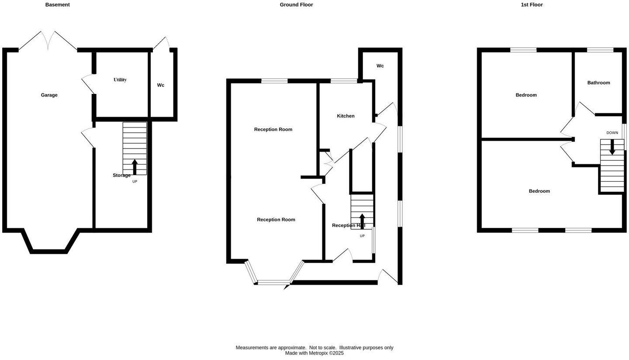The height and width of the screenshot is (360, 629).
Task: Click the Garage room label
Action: click(x=49, y=95)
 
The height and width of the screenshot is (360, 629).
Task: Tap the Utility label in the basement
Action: click(x=120, y=80)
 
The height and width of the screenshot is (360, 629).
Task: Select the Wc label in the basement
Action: click(x=161, y=85)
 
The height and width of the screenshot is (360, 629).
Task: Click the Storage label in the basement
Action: click(x=121, y=175)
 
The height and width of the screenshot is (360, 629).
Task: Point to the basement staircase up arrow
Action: click(x=135, y=167)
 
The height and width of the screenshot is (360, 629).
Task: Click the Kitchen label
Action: click(x=346, y=116)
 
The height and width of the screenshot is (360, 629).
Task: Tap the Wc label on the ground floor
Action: click(x=380, y=66)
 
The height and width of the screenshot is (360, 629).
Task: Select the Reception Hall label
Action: click(x=348, y=225)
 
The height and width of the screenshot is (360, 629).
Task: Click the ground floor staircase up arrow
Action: click(x=362, y=221)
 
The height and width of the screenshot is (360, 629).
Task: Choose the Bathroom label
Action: click(x=598, y=83)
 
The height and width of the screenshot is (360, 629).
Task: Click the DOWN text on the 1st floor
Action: click(x=612, y=133)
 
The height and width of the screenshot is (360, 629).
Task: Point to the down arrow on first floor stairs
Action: click(x=612, y=147)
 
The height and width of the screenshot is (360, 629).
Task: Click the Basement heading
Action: click(x=57, y=5)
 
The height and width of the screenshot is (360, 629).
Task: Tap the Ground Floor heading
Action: click(x=296, y=5)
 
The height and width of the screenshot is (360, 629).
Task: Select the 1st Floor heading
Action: click(x=532, y=5)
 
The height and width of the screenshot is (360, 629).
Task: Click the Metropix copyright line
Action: click(x=314, y=353)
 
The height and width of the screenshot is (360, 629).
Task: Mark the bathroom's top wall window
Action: click(x=600, y=50)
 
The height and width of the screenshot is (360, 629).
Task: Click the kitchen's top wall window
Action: click(x=344, y=81)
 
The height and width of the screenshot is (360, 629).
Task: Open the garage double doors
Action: click(x=48, y=41)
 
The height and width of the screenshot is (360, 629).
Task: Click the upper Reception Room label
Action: click(x=273, y=129)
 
